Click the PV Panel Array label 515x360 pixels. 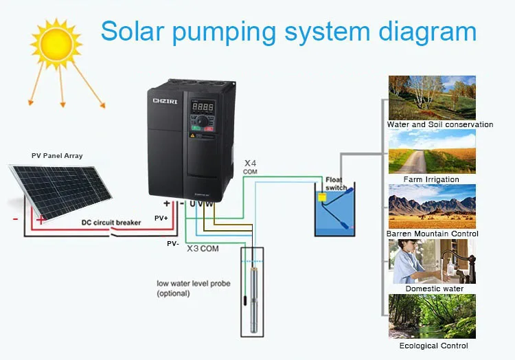57,156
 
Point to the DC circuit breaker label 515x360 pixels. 111,222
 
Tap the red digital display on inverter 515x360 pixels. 202,107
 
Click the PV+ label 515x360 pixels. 161,217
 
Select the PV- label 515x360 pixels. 172,243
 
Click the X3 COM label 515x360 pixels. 203,248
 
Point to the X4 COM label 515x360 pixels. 251,167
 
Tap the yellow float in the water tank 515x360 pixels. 322,197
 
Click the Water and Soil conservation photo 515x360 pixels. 432,98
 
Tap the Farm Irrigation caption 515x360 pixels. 431,179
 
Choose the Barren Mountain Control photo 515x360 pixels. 432,206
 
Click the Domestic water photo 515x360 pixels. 432,261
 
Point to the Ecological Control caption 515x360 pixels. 433,346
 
